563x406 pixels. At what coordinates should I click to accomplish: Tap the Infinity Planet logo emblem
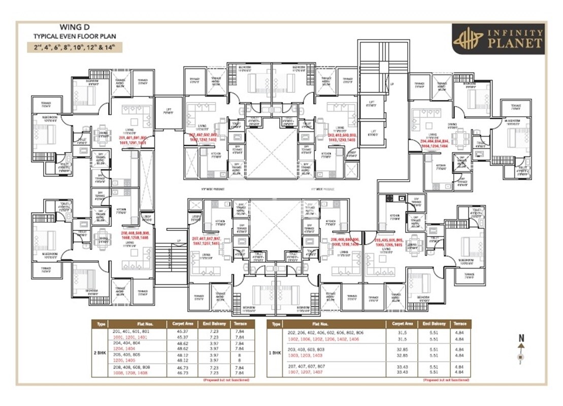tap(468, 39)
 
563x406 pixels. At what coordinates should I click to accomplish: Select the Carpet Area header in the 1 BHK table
tap(402, 323)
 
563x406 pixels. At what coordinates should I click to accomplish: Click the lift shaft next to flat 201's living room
tap(168, 112)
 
